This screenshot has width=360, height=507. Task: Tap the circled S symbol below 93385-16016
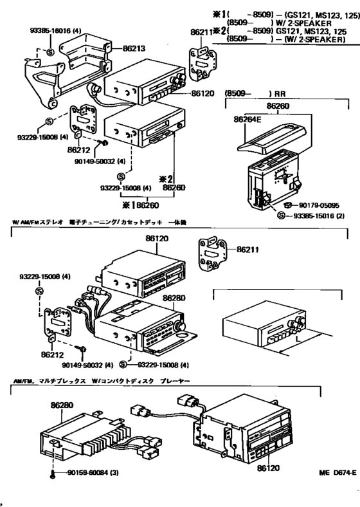pyautogui.click(x=49, y=50)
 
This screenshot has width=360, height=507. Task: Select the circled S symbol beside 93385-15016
pyautogui.click(x=281, y=215)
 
